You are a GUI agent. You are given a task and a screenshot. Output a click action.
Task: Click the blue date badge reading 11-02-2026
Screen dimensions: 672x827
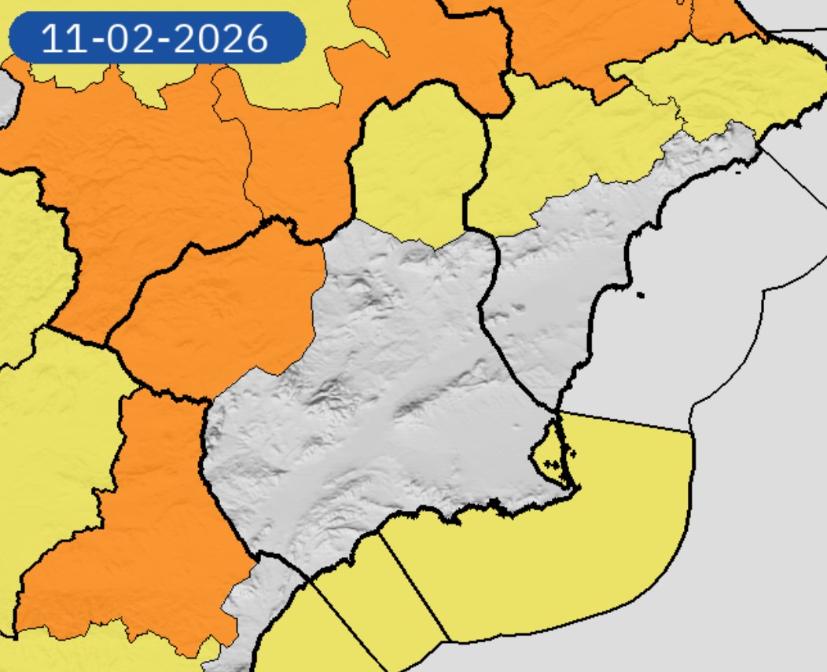point(156,37)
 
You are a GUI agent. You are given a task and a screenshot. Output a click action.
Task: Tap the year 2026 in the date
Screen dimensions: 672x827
point(231,38)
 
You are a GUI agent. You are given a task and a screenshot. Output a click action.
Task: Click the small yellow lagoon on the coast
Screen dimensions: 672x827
point(550,452)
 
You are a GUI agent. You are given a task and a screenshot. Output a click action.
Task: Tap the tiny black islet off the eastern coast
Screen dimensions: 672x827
point(641,296)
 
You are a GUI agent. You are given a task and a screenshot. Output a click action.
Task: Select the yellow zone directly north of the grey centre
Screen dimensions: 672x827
point(417,165)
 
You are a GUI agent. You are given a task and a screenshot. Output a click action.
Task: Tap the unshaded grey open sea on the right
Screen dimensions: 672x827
point(755,472)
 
